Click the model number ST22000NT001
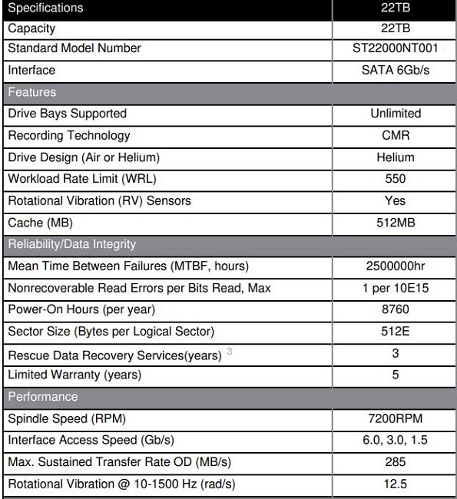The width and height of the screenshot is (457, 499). tap(395, 48)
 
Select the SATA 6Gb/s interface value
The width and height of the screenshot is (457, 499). tap(395, 70)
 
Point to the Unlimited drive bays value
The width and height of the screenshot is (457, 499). tap(395, 114)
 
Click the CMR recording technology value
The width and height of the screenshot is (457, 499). tap(395, 135)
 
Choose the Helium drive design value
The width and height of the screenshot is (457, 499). tap(395, 157)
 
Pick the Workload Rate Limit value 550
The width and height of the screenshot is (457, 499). tap(395, 179)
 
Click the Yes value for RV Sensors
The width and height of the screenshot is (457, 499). tap(395, 200)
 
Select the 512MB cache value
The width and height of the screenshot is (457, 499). tap(395, 223)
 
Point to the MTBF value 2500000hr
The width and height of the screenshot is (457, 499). tap(395, 266)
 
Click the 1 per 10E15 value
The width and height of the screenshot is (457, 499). tap(395, 288)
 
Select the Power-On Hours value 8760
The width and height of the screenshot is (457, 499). tap(395, 309)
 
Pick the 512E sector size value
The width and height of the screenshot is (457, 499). tap(395, 332)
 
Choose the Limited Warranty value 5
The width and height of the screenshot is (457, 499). tap(395, 375)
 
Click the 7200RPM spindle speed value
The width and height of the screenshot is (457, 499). tap(395, 419)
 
